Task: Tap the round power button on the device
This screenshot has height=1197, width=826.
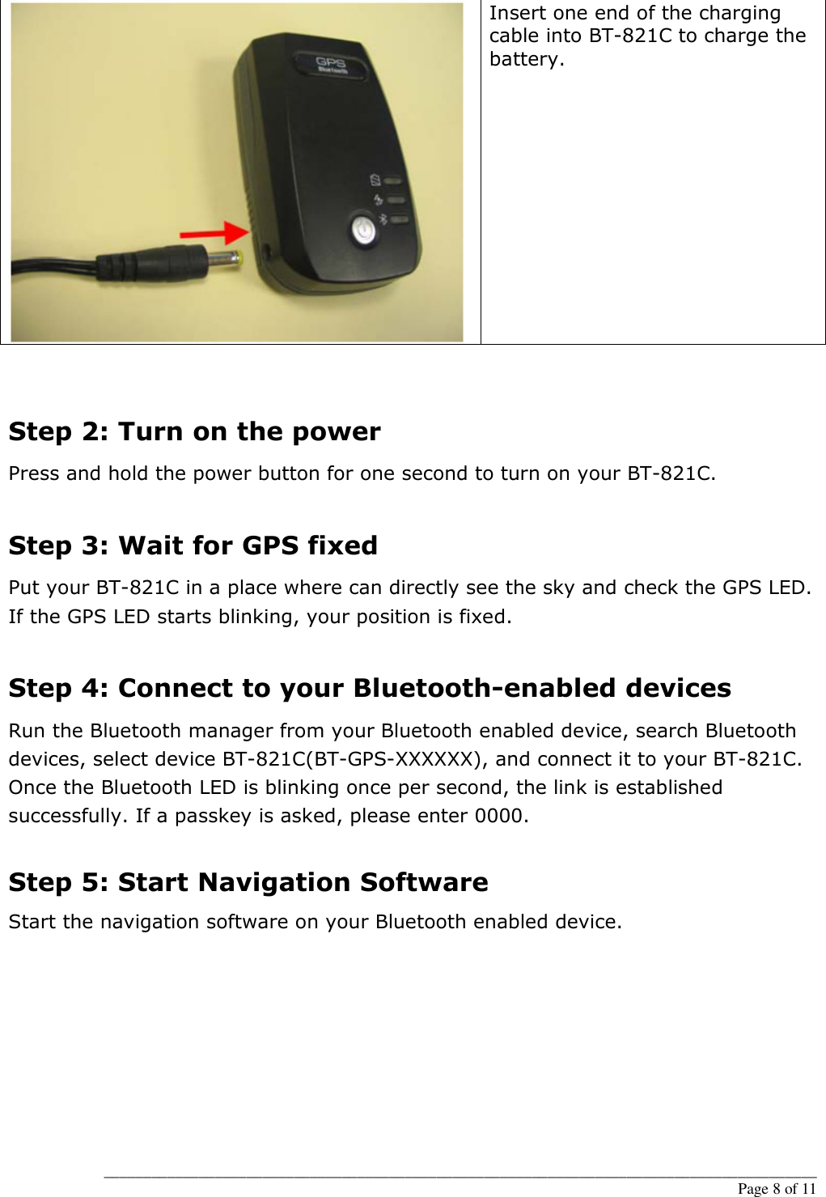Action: pyautogui.click(x=363, y=231)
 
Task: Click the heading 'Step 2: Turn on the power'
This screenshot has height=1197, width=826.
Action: pyautogui.click(x=194, y=432)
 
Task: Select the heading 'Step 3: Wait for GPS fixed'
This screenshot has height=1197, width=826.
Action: pyautogui.click(x=193, y=546)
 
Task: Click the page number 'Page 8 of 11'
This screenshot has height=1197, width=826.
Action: pyautogui.click(x=776, y=1188)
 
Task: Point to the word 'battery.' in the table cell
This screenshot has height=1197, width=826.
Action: pyautogui.click(x=527, y=59)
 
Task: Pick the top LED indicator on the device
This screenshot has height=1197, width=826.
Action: pyautogui.click(x=396, y=181)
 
